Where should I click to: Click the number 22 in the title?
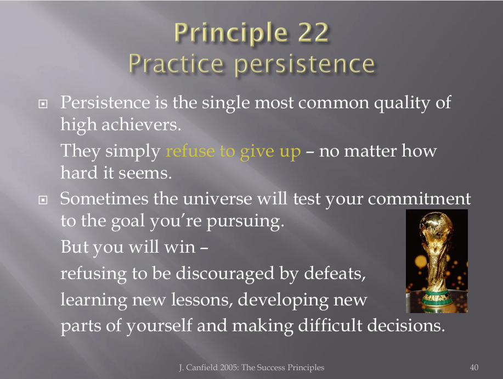313,32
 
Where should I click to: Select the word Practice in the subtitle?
176,64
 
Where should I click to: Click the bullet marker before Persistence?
43,104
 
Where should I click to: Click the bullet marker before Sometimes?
43,200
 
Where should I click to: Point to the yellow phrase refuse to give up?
233,151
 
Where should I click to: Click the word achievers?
142,124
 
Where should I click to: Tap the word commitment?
419,198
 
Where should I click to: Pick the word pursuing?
245,221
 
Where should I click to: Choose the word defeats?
335,274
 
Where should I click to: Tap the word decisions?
406,325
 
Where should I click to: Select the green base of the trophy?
437,299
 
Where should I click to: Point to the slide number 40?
474,367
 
